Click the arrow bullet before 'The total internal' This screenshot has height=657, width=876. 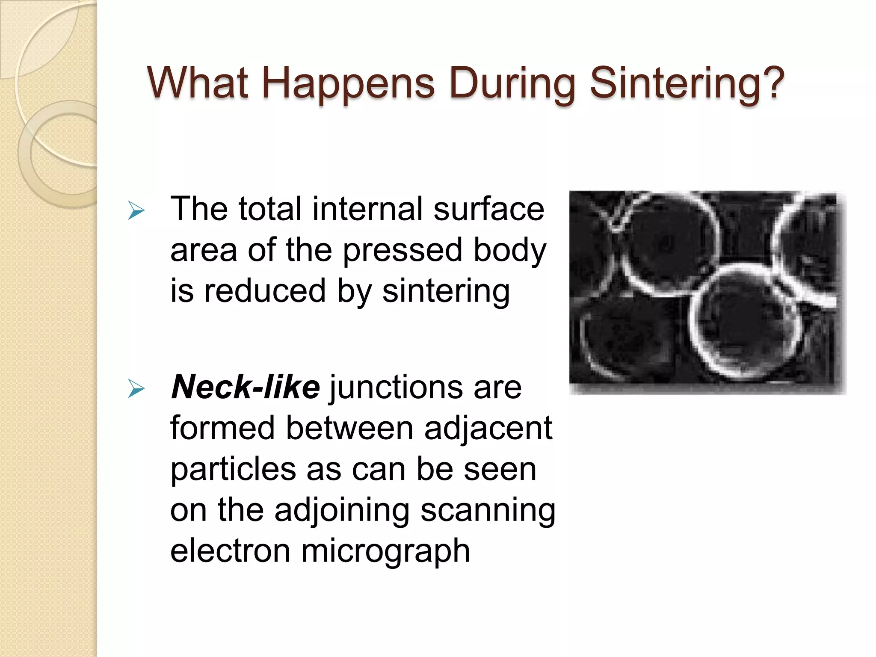(136, 211)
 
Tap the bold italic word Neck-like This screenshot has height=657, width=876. (245, 387)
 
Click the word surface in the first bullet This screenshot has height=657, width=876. (488, 209)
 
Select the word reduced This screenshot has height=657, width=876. (265, 291)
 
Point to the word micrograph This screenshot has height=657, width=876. (385, 552)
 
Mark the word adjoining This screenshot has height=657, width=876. (342, 511)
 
